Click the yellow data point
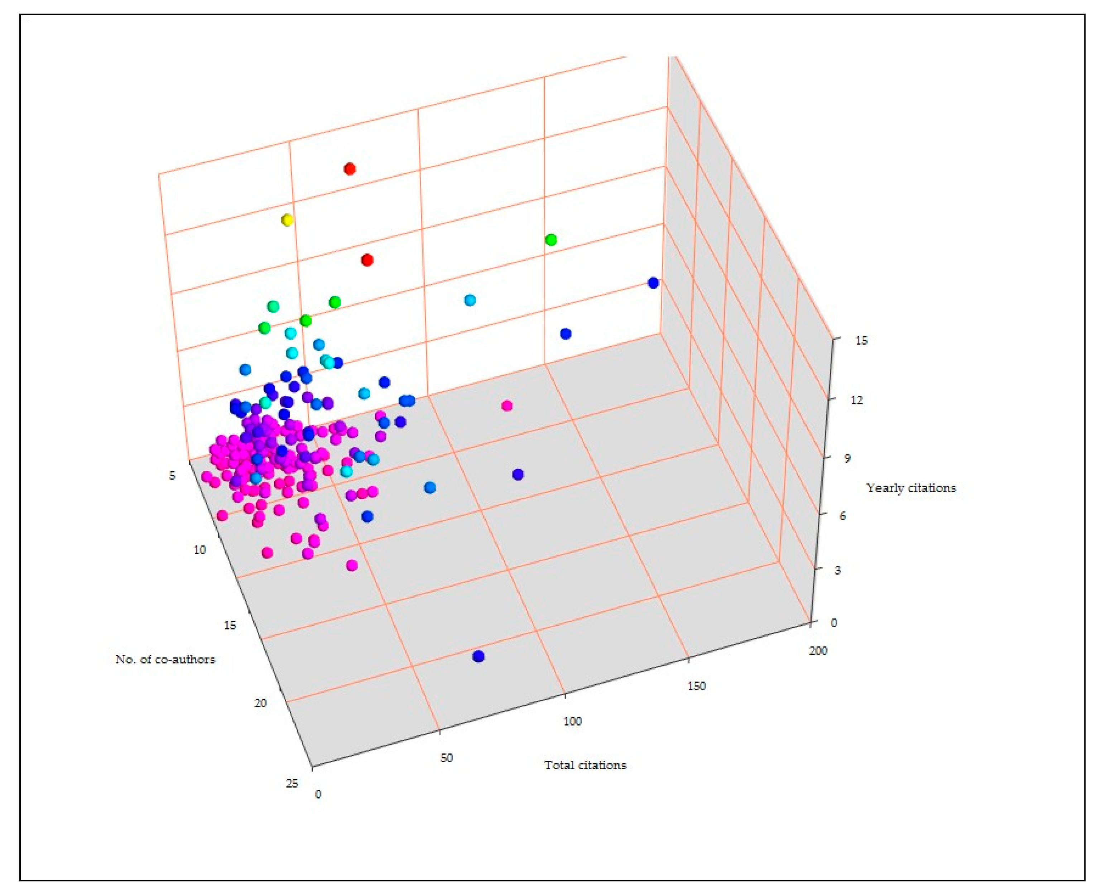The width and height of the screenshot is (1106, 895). pos(288,220)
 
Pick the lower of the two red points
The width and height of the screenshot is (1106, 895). pos(367,260)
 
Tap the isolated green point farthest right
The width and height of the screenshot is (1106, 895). pos(551,240)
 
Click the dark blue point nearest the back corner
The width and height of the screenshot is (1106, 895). pos(653,283)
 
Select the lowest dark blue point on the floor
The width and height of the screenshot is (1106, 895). pos(479,656)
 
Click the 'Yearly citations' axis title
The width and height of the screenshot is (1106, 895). pos(910,488)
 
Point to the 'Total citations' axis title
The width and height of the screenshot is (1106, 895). pos(585,765)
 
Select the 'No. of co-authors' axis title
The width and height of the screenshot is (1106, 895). pos(165,659)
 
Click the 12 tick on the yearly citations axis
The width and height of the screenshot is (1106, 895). pos(856,400)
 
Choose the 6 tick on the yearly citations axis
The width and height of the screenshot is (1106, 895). pos(842,515)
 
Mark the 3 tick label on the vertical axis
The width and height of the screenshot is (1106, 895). pos(837,570)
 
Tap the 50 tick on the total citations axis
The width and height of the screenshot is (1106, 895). pos(447,757)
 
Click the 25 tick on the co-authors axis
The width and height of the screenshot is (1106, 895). pos(292,783)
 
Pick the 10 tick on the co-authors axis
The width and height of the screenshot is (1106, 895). pos(199,550)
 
